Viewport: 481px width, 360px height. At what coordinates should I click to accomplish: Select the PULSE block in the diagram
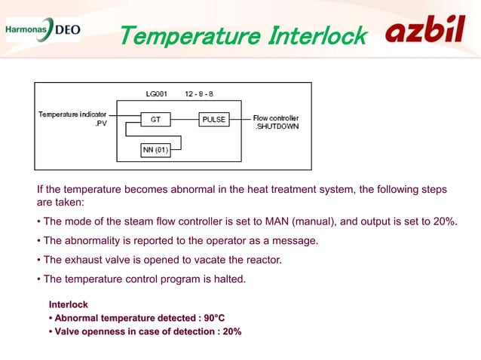click(214, 119)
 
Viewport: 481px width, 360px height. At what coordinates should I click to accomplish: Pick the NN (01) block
click(157, 150)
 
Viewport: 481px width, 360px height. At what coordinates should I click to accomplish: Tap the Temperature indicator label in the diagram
click(68, 114)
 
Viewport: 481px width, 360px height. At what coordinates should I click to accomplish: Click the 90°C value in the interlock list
click(214, 318)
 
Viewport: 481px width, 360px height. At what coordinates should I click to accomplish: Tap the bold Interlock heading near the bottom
click(69, 305)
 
